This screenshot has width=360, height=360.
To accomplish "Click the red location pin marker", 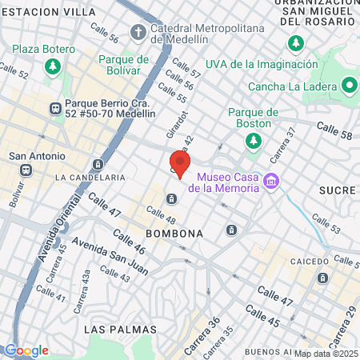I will click(180, 163).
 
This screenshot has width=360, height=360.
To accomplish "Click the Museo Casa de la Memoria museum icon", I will click(272, 182).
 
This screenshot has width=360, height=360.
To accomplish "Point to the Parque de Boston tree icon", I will click(253, 141).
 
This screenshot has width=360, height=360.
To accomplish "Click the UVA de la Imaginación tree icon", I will click(297, 42).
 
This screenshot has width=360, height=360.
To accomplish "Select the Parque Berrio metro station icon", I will click(55, 107).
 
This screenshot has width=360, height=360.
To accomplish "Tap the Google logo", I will click(26, 350).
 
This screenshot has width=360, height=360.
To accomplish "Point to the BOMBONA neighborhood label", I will click(174, 233).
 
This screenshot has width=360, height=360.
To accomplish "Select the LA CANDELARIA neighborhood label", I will click(90, 177).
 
